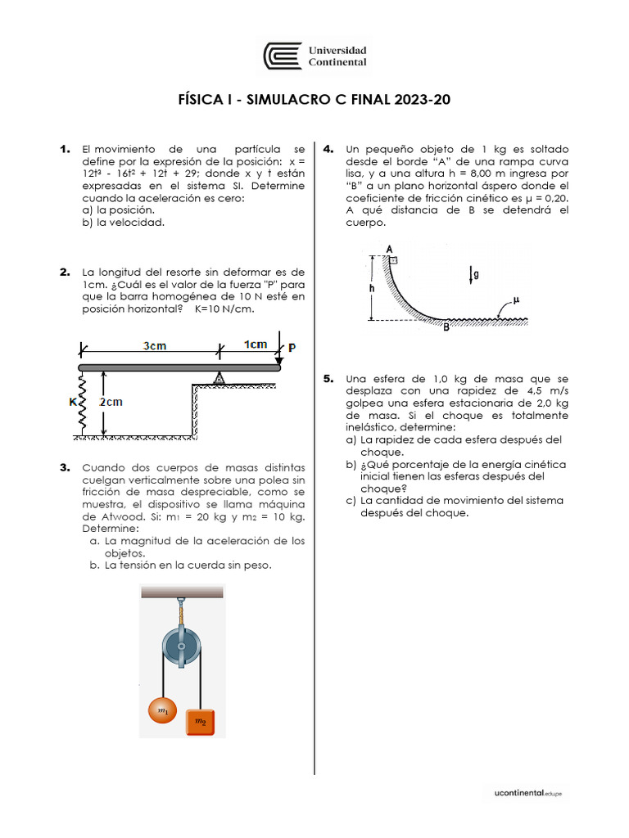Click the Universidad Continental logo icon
coord(282,56)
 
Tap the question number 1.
coord(64,149)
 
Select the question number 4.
coord(328,149)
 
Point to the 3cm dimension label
coord(155,345)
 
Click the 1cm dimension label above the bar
coord(256,345)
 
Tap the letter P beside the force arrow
coord(292,347)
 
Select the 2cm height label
coord(111,402)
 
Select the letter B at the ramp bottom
coord(446,328)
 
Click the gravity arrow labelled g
coord(473,274)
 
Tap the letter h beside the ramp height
coord(371,288)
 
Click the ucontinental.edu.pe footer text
coord(528,793)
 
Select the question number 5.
coord(328,379)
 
